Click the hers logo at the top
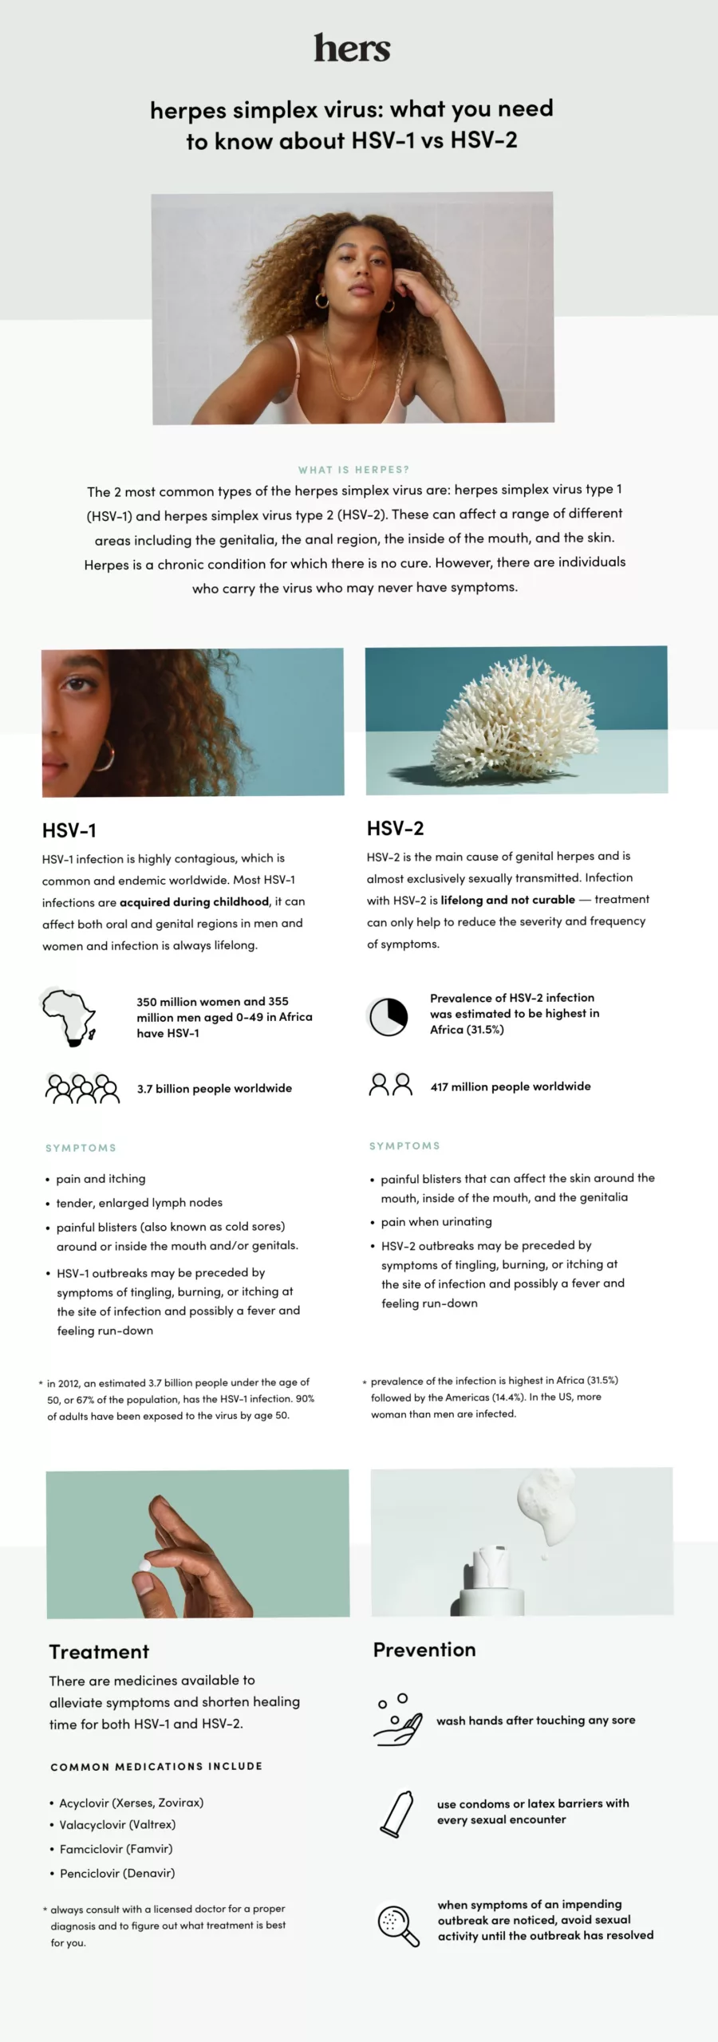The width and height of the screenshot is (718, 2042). point(352,49)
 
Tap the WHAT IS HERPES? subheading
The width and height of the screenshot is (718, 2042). point(353,470)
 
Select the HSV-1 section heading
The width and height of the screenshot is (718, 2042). point(69,830)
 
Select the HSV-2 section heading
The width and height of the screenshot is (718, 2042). point(395,829)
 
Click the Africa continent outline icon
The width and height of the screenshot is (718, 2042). point(69,1015)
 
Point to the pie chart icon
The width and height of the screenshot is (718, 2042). point(389,1016)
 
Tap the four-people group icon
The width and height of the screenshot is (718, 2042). point(82,1088)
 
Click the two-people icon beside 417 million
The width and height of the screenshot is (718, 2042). point(390,1085)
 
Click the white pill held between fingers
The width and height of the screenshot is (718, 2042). point(145,1565)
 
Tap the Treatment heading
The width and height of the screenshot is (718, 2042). point(99,1652)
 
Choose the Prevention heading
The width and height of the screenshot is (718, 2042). point(424,1650)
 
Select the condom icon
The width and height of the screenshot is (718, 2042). point(396,1813)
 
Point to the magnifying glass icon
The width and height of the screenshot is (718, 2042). point(397,1924)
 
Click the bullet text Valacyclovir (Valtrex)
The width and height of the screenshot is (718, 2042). point(117,1824)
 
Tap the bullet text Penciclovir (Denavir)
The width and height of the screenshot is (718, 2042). point(117,1873)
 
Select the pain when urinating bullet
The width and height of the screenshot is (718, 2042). point(436,1221)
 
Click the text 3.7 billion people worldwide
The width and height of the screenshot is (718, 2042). point(214,1088)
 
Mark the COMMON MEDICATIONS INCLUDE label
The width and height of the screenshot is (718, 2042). point(156,1767)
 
